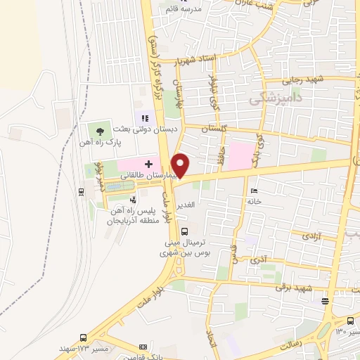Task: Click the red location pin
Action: [181, 165]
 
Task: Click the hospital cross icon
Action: [149, 163]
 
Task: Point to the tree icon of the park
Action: [100, 130]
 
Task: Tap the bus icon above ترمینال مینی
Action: [184, 231]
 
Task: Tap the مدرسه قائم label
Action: [202, 9]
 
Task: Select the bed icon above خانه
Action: [254, 191]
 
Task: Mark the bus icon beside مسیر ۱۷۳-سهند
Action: [83, 338]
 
